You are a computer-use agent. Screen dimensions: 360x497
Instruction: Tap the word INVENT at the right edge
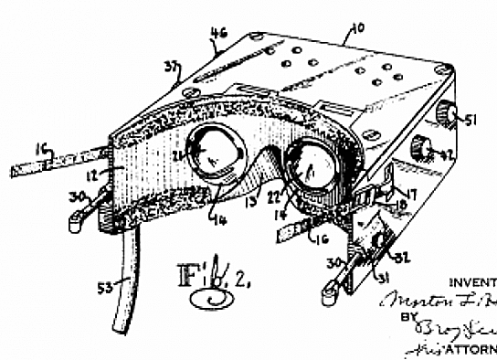pos(474,281)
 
